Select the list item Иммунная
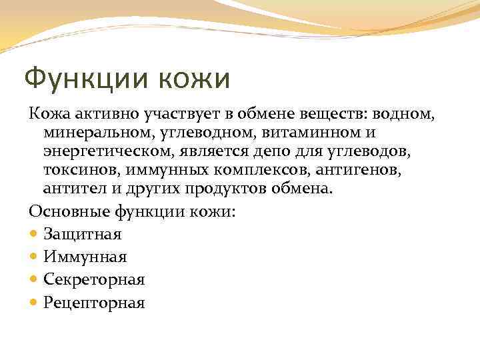click(85, 257)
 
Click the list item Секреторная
click(94, 279)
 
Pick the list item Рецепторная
click(94, 303)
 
